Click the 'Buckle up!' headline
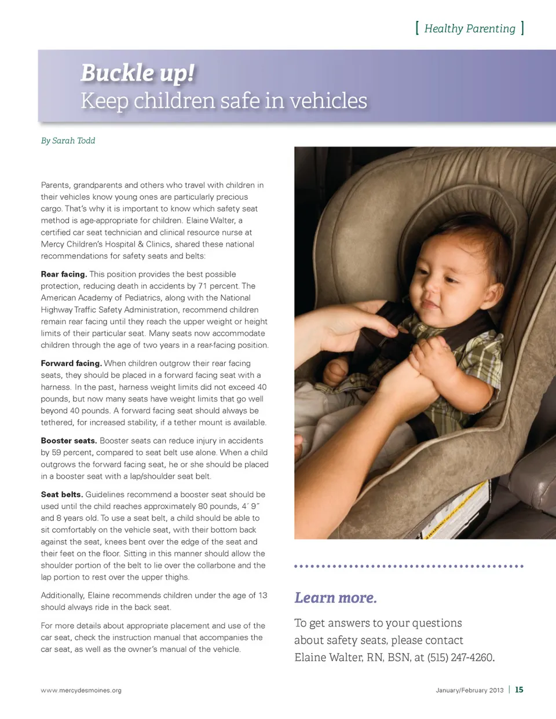(x=137, y=74)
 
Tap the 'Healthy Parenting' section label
(x=469, y=28)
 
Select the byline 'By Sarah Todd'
(x=68, y=141)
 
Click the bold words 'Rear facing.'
(x=64, y=274)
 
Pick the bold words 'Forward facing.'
(x=71, y=364)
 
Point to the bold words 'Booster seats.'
(x=69, y=441)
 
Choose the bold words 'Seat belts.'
(x=62, y=495)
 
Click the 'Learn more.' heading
(x=335, y=598)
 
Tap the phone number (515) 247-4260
(x=460, y=658)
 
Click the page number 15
(x=519, y=690)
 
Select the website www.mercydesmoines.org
(x=81, y=691)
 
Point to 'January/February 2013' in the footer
(x=470, y=691)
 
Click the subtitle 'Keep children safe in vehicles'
(x=224, y=101)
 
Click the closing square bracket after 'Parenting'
(x=522, y=28)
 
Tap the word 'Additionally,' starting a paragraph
(x=63, y=596)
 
